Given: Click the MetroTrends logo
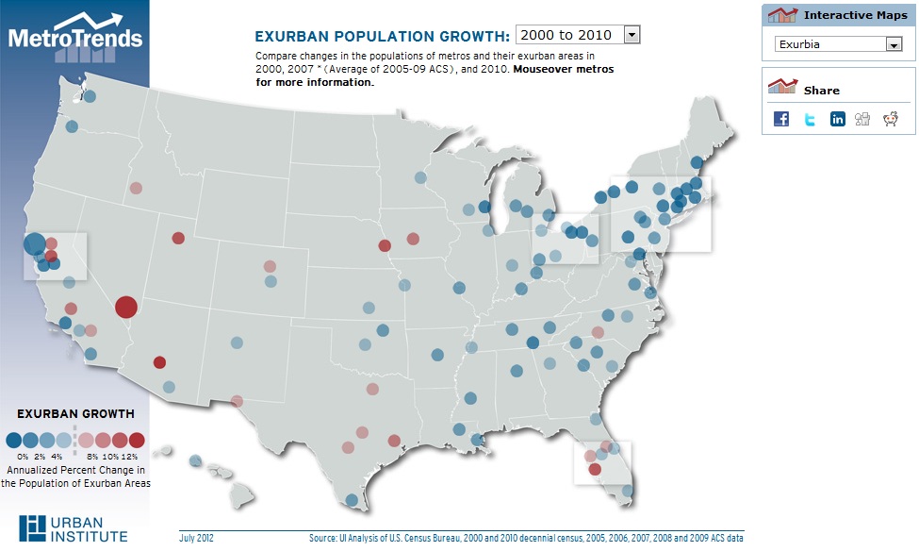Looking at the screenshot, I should tap(75, 36).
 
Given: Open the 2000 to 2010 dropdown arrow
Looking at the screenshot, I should tap(632, 35).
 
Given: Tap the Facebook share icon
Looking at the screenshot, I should tap(780, 119).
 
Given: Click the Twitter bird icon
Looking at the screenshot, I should tap(809, 119).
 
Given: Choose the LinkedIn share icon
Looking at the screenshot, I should tap(837, 119).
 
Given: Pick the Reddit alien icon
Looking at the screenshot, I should tap(890, 119).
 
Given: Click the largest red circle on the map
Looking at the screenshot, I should tap(126, 307).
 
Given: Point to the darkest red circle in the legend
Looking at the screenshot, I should tap(137, 440).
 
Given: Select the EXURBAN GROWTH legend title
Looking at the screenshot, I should tap(75, 413).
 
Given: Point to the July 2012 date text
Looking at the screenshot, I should tap(196, 538).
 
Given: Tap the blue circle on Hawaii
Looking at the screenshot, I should tap(195, 461).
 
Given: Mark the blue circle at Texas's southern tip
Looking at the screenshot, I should tap(352, 501).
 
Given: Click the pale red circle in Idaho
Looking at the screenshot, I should tap(137, 188).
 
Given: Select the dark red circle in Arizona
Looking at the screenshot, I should tap(159, 361).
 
